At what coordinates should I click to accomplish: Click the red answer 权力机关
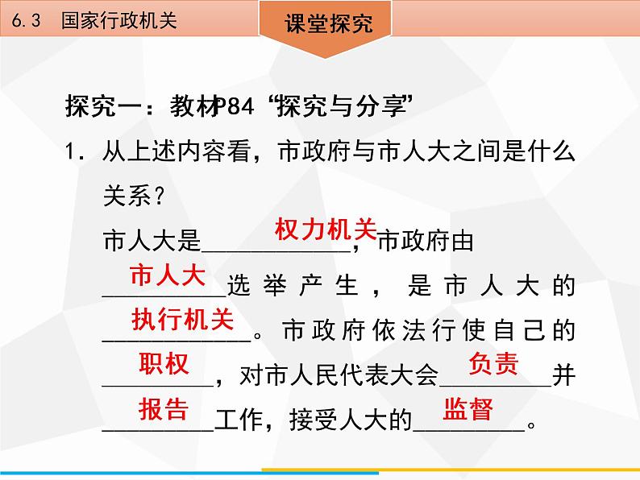click(x=326, y=230)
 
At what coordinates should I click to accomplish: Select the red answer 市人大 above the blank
click(x=168, y=275)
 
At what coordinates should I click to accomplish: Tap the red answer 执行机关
click(x=182, y=319)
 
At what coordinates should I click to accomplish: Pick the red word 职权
click(x=164, y=363)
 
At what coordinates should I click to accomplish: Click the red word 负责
click(x=494, y=363)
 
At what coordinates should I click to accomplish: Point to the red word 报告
click(x=164, y=408)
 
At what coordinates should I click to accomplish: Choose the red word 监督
click(x=468, y=408)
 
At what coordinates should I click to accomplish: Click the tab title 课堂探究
click(x=329, y=23)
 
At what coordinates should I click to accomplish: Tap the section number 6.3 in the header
click(x=26, y=20)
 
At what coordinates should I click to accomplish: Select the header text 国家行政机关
click(x=119, y=20)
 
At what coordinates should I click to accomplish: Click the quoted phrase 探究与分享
click(x=342, y=106)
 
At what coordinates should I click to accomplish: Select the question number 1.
click(x=74, y=152)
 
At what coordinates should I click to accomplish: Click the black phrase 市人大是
click(x=152, y=241)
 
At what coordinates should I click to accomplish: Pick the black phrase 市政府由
click(x=426, y=241)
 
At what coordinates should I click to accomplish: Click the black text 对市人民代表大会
click(x=339, y=374)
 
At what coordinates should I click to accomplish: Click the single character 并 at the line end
click(x=563, y=374)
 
